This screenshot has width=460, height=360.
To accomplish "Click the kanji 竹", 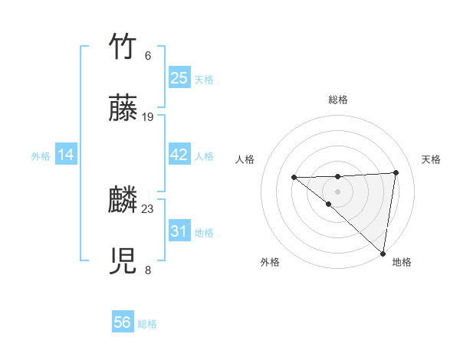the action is (123, 47).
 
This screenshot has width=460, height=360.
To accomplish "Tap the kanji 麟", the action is (123, 201).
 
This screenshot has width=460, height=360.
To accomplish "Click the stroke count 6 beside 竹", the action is (148, 56).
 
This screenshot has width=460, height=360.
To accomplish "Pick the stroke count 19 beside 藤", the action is (149, 117).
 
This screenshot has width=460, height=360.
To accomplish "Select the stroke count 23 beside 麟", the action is (149, 208).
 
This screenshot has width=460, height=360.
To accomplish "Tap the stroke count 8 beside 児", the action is (148, 270).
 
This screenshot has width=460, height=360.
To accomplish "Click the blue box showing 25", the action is (179, 78).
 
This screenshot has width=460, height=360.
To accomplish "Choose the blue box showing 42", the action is (179, 155).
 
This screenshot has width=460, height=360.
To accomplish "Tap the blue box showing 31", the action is (179, 231).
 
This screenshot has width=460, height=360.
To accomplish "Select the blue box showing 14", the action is (65, 155).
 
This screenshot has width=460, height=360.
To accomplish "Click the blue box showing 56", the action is (123, 322).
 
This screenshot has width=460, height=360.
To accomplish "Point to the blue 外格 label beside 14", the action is (41, 156).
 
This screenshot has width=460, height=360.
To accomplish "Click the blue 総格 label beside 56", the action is (147, 324).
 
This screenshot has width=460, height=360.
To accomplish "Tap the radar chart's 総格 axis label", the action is (337, 100).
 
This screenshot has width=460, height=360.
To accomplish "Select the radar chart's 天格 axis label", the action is (431, 159).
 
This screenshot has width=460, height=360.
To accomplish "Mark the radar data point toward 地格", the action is (383, 254).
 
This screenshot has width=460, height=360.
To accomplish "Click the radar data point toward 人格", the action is (294, 178).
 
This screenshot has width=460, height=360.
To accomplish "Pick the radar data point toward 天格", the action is (396, 172).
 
